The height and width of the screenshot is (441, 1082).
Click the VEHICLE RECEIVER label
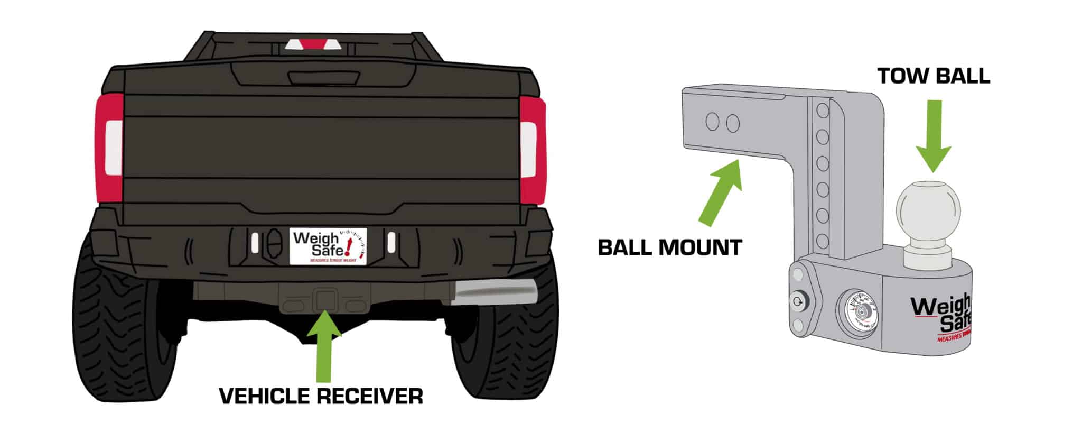coord(321,396)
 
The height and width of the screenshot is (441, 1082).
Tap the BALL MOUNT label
coord(670,247)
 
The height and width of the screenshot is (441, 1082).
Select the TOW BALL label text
coord(934,76)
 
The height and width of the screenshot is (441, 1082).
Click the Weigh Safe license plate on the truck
coord(328,245)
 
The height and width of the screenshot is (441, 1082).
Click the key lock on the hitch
coord(798,302)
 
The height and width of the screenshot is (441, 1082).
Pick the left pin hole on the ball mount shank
coord(712,122)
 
